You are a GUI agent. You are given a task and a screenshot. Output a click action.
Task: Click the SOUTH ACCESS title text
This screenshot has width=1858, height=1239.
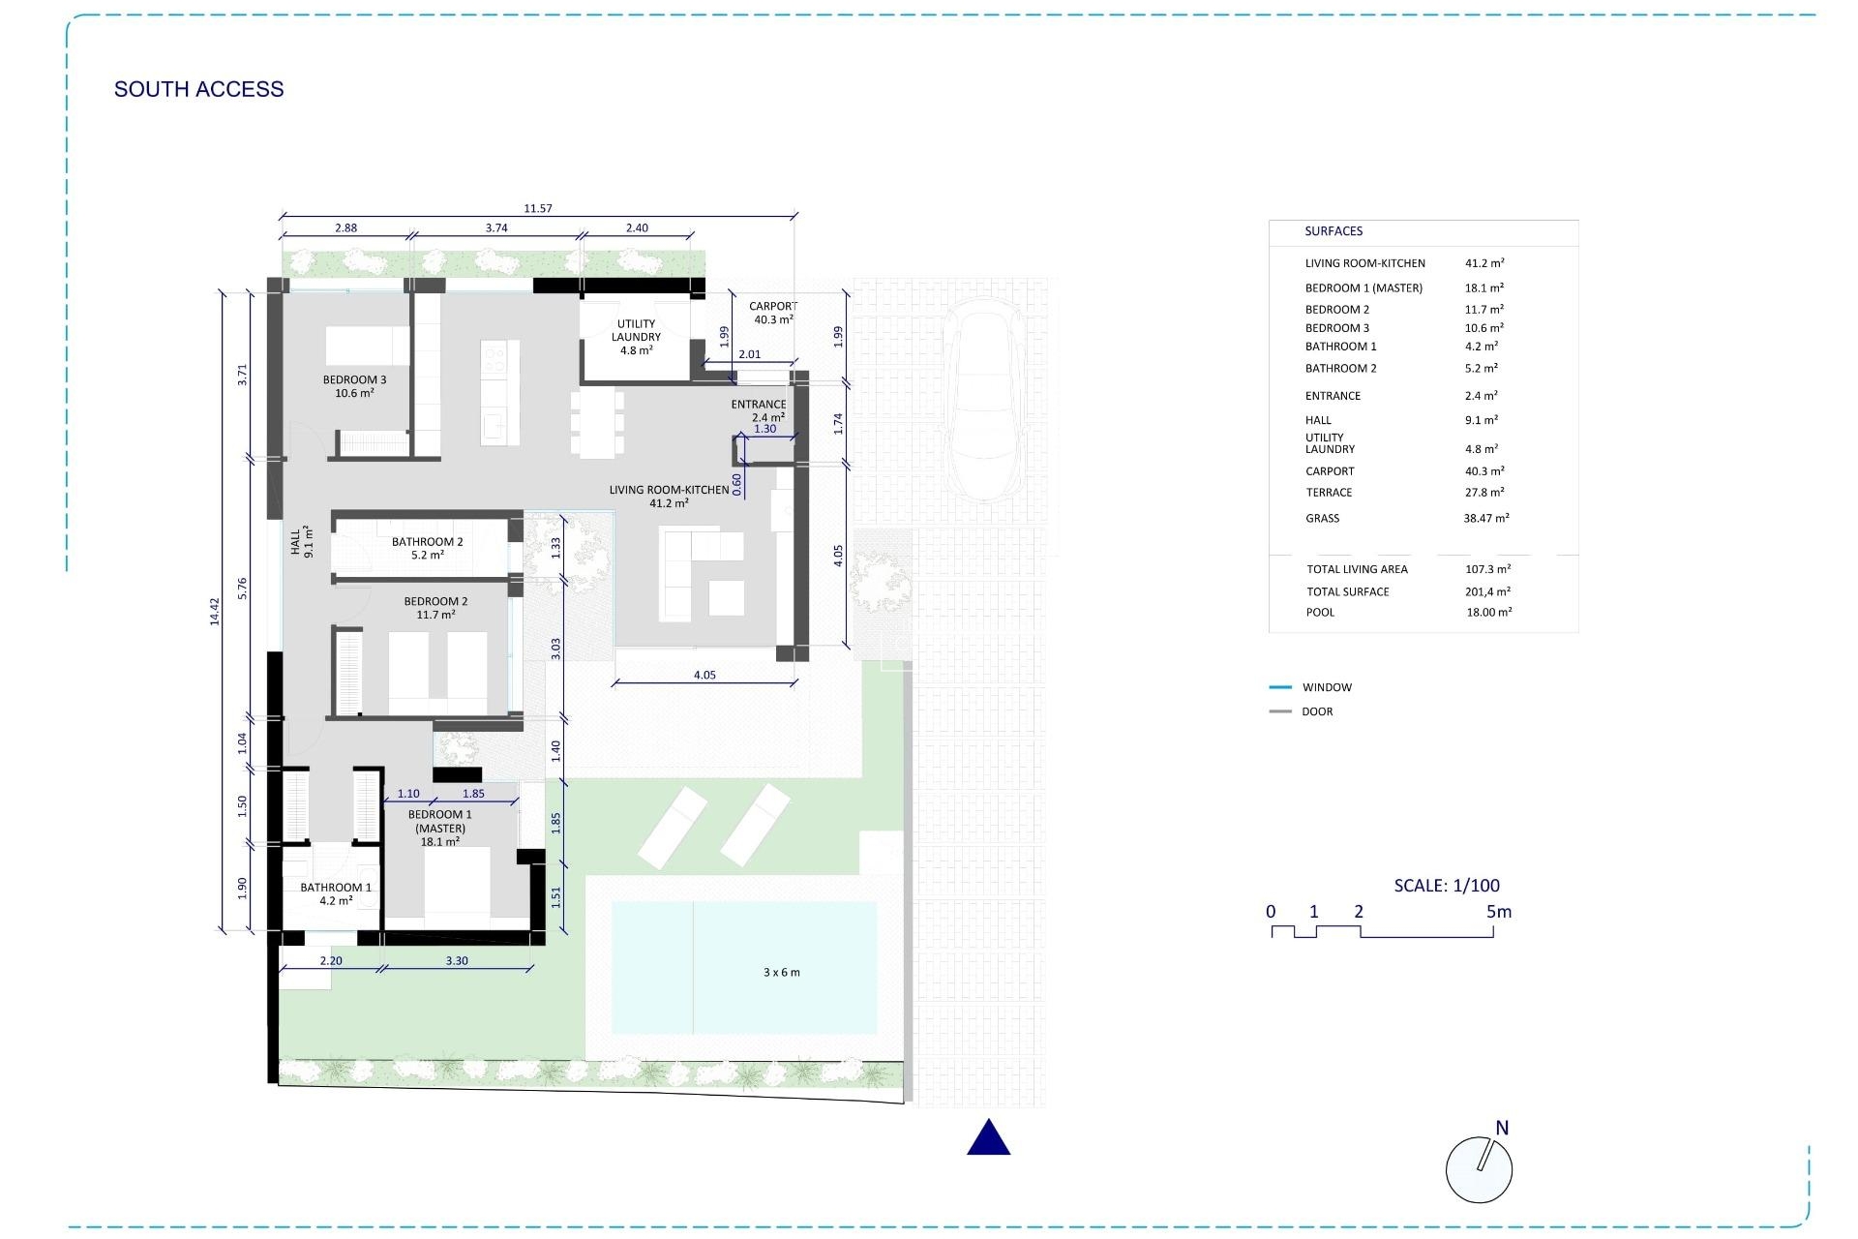(x=199, y=89)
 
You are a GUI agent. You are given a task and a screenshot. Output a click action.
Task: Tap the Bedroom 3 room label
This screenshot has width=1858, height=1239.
(x=354, y=386)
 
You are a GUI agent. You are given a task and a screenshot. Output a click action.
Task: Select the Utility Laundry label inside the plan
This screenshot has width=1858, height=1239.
(x=636, y=337)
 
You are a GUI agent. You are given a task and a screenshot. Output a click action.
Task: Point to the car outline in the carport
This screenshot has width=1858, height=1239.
(x=983, y=399)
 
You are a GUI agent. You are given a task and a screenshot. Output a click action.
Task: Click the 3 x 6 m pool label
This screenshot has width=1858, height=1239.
(x=782, y=972)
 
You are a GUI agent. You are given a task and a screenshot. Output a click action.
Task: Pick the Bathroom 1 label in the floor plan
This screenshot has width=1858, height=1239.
(x=336, y=893)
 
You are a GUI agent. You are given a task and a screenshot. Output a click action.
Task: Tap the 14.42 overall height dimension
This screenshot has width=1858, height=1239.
(x=215, y=611)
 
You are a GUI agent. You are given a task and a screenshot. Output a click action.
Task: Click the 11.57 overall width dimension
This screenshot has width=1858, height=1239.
(x=538, y=208)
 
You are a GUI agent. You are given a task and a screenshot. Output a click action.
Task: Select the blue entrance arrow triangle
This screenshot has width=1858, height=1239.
(x=989, y=1137)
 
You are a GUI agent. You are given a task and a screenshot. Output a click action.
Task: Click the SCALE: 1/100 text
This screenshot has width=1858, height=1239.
(x=1447, y=885)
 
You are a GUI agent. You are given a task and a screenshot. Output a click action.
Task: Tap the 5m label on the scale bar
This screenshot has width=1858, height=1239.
(x=1499, y=912)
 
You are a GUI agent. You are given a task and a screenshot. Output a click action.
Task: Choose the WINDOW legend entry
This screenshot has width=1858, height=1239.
(x=1327, y=687)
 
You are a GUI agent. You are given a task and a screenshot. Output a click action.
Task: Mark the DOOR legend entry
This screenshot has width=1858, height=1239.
(x=1317, y=711)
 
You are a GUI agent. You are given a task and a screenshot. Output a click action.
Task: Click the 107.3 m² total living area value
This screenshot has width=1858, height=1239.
(x=1488, y=569)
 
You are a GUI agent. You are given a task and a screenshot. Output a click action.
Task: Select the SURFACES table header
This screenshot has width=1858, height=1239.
(x=1334, y=231)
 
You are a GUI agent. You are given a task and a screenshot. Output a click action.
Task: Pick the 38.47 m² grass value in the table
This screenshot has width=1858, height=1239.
(x=1486, y=518)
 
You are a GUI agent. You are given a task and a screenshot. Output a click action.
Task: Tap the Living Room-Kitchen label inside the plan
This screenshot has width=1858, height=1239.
(x=670, y=497)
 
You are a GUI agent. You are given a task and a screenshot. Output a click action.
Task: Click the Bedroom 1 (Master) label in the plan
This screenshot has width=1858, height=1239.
(x=440, y=828)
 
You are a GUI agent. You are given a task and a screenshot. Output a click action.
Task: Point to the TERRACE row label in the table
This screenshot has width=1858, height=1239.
(x=1329, y=493)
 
